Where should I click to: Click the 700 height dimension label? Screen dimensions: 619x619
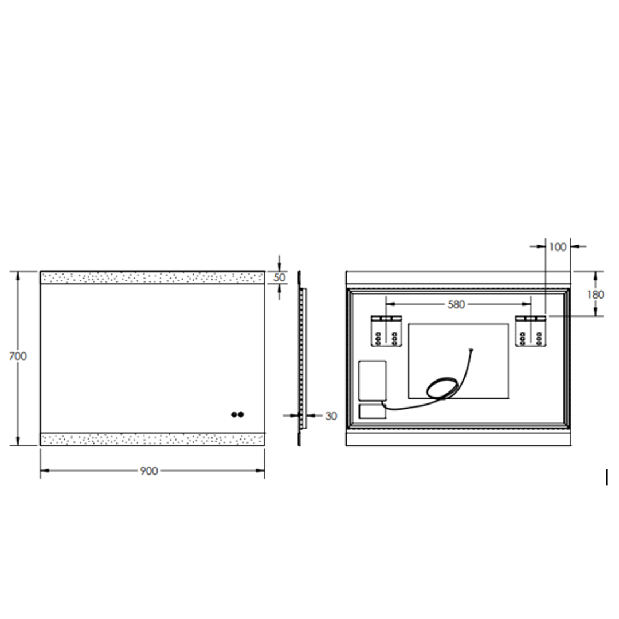[x=18, y=356]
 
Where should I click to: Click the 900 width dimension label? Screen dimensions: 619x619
[x=149, y=471]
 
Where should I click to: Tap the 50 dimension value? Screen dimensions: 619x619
[x=280, y=277]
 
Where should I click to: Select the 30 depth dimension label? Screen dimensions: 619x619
[x=331, y=416]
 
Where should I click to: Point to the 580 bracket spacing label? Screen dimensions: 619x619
[x=456, y=305]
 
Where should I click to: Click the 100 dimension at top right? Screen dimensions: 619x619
[x=557, y=247]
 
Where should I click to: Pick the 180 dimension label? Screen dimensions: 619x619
[x=596, y=295]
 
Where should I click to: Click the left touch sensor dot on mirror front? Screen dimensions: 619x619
[x=234, y=414]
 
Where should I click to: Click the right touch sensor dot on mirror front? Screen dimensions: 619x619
[x=241, y=414]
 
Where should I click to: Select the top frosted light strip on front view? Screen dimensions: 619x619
[x=152, y=278]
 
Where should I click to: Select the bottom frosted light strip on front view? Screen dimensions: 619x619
[x=152, y=440]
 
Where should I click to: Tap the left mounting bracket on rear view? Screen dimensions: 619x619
[x=386, y=331]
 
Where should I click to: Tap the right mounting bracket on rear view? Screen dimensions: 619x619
[x=531, y=331]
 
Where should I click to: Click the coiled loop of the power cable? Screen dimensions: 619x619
[x=442, y=388]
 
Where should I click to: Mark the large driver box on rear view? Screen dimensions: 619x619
[x=372, y=380]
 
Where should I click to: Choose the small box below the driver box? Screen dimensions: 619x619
[x=372, y=411]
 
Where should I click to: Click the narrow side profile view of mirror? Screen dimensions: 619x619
[x=301, y=358]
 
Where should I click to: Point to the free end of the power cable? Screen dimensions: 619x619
[x=471, y=350]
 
